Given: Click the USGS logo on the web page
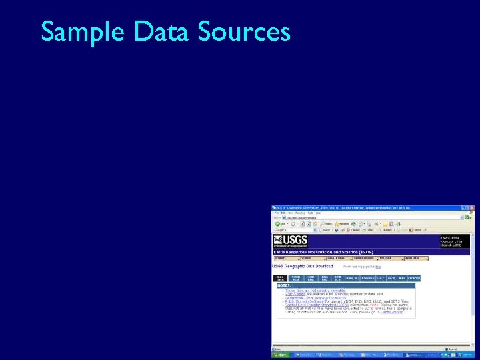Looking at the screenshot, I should click(291, 241).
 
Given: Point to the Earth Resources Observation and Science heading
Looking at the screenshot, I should click(319, 252).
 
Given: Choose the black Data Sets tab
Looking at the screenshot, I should click(280, 278).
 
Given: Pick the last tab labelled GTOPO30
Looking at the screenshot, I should click(414, 278).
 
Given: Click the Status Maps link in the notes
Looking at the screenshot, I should click(295, 294).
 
